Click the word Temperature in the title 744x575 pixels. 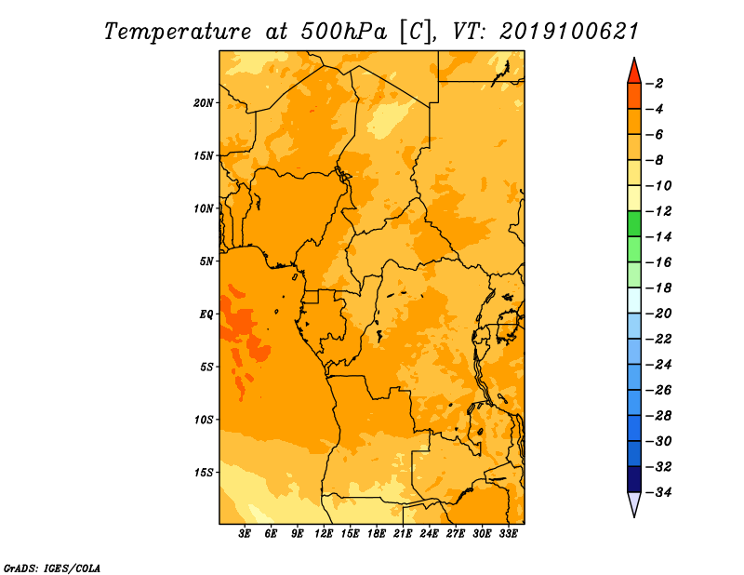[178, 32]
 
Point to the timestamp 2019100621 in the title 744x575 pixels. [568, 32]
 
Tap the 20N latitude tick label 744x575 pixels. [204, 103]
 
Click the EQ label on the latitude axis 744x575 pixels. [206, 314]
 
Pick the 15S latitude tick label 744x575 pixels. [204, 473]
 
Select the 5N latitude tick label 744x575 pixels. [206, 261]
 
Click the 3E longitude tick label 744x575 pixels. [245, 534]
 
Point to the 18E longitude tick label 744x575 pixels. [377, 534]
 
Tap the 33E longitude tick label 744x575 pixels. [508, 534]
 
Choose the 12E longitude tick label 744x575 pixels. [324, 534]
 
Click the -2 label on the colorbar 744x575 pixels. [655, 84]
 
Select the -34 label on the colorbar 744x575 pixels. [658, 492]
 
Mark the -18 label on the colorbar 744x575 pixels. [658, 287]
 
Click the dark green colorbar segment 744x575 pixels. [634, 224]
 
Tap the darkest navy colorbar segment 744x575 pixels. [634, 479]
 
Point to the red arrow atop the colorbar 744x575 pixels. [634, 71]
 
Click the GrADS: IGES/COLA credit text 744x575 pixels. [52, 568]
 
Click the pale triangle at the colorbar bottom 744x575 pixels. [634, 504]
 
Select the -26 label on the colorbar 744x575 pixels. [658, 390]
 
